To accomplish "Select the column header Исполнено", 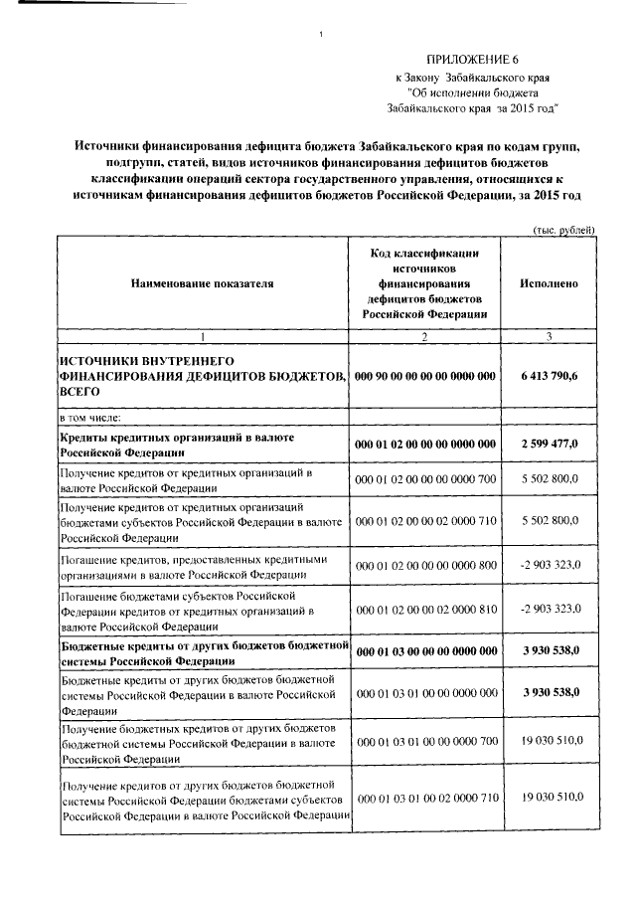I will pos(549,283).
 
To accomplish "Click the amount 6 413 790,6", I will pos(549,378).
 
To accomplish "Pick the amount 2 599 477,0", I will pos(549,444).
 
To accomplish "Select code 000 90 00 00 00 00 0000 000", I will pos(424,378).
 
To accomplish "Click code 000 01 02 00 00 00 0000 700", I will pos(424,479).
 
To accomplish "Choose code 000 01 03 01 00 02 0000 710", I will pos(424,799).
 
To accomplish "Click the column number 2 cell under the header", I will pos(424,338).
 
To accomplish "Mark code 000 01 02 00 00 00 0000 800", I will pos(424,566).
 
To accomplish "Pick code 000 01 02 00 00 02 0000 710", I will pos(424,520).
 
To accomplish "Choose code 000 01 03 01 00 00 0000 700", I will pos(424,742).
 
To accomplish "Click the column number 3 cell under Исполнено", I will pos(549,338).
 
